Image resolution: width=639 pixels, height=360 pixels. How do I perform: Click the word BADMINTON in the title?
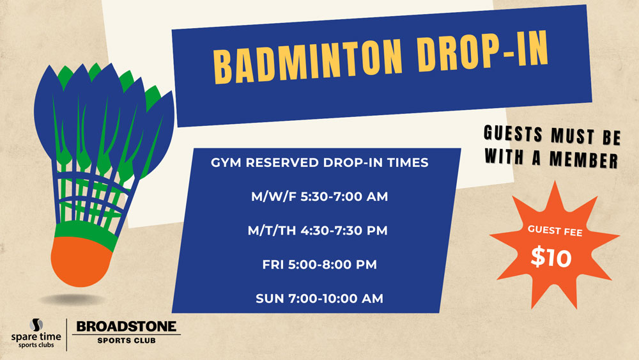(x=308, y=59)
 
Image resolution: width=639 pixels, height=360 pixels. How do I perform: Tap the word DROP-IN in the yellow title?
(x=483, y=52)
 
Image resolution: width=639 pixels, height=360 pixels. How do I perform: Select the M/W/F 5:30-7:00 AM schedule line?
(x=319, y=196)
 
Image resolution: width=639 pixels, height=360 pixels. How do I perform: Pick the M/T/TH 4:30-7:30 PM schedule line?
(x=318, y=230)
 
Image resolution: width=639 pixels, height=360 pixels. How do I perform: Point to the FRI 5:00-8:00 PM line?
(x=319, y=264)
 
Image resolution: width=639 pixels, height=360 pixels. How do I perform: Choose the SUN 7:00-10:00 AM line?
(x=319, y=299)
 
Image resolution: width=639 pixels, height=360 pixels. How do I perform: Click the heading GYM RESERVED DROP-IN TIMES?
(x=319, y=162)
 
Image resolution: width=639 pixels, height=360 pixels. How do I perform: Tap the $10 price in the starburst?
(x=551, y=257)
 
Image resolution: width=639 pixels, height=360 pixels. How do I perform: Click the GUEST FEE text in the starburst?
(x=555, y=231)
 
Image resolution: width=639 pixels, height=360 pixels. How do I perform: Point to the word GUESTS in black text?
(x=514, y=134)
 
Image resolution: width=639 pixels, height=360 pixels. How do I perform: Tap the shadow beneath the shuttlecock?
(x=73, y=300)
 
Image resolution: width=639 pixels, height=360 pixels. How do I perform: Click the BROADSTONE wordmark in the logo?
(x=127, y=327)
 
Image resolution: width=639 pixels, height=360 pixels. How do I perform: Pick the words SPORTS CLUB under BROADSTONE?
(x=127, y=340)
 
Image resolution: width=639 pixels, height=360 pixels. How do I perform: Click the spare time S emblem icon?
(x=36, y=325)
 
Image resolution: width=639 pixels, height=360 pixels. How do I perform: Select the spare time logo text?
(x=36, y=340)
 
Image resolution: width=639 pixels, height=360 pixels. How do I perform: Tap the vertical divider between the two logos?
(x=66, y=334)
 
